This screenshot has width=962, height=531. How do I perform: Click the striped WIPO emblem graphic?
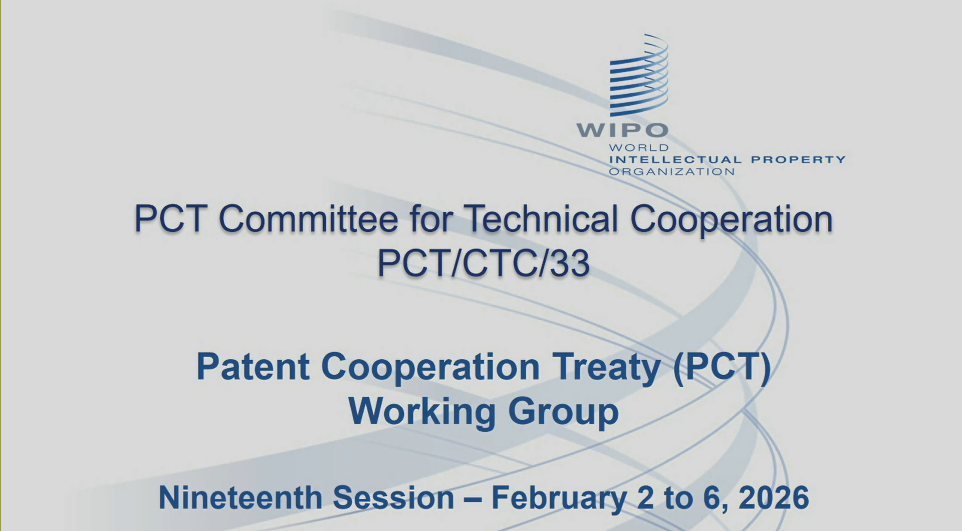(x=639, y=75)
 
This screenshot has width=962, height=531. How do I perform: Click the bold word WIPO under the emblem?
(x=623, y=130)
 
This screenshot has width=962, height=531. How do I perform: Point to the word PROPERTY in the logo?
(x=798, y=160)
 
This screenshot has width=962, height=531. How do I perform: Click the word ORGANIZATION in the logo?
(x=672, y=172)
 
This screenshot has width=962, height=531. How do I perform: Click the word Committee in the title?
(x=309, y=219)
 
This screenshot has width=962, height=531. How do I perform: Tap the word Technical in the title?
(x=540, y=219)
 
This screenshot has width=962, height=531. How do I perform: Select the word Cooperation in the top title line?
(x=732, y=220)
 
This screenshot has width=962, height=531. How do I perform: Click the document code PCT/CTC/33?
(x=484, y=263)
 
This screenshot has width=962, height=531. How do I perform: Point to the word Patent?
(x=253, y=367)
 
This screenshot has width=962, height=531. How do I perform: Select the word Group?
(x=564, y=413)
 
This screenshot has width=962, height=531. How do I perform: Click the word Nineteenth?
(x=240, y=497)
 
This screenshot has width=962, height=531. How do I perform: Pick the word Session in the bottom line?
(x=393, y=497)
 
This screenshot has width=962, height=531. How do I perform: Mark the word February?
(x=559, y=499)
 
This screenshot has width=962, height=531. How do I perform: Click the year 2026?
(x=774, y=497)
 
